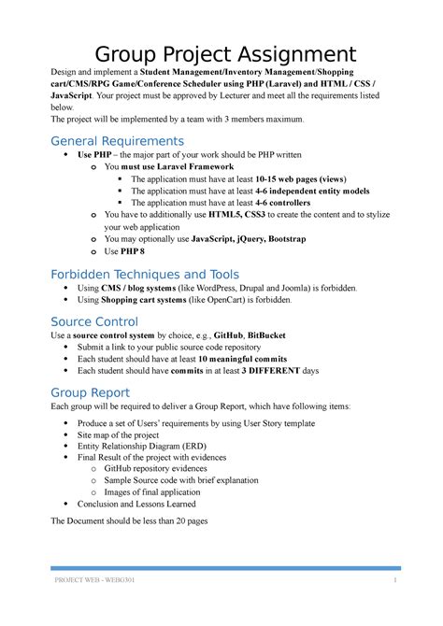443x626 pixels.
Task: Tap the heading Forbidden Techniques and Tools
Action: click(144, 275)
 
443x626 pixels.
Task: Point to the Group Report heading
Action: click(90, 392)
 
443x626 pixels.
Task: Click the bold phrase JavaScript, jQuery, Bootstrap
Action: click(252, 238)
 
